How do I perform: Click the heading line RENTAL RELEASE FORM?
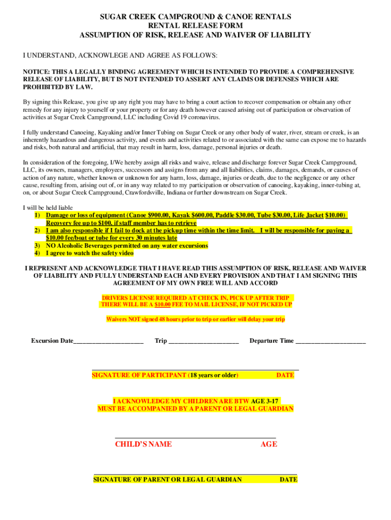tap(195, 26)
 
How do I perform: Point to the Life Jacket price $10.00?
tap(335, 215)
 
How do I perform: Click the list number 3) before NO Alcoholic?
tap(37, 246)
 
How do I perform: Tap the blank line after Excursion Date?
tap(108, 341)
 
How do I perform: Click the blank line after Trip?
tap(203, 341)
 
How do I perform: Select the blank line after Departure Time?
tap(330, 341)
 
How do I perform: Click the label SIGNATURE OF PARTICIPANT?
tap(139, 376)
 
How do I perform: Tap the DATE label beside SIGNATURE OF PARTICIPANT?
tap(285, 376)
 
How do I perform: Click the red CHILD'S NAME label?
tap(143, 444)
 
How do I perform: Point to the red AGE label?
tap(269, 444)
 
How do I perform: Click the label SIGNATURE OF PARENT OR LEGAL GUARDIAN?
tap(168, 480)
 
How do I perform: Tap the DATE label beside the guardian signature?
tap(288, 480)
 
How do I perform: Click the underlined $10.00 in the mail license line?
tap(162, 305)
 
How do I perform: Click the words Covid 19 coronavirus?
tap(194, 117)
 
